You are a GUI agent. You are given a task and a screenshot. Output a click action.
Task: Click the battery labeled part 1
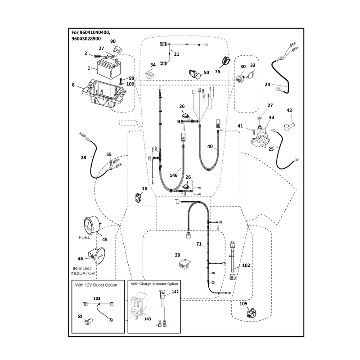[x=109, y=69]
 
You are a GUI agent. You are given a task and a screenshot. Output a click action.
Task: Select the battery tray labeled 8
[x=104, y=94]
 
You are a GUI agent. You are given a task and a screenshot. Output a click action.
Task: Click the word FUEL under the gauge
[x=84, y=238]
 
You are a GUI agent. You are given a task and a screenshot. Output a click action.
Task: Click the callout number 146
[x=173, y=175]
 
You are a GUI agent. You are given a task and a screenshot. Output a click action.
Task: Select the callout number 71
[x=199, y=244]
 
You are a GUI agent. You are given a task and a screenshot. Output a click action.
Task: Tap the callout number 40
[x=210, y=146]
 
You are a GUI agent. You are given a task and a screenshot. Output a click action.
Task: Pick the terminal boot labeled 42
[x=289, y=126]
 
